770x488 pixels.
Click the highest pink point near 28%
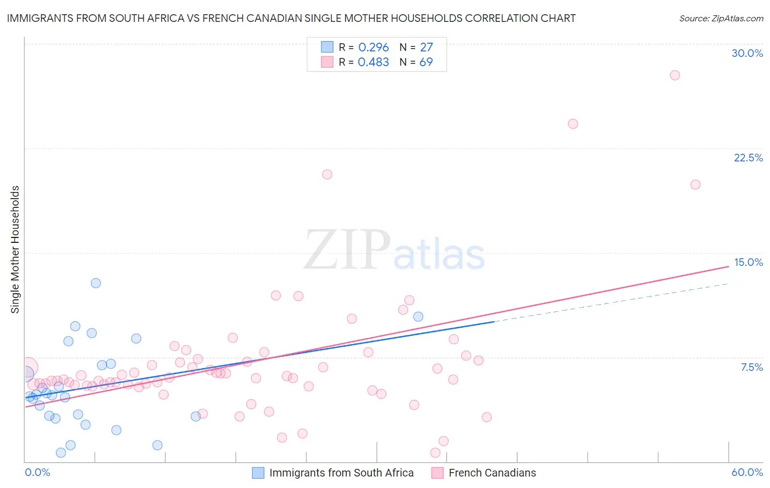(x=675, y=75)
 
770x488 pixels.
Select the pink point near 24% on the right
(x=573, y=124)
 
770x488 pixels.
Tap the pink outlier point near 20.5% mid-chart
(x=327, y=175)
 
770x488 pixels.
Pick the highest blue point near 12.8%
(x=96, y=283)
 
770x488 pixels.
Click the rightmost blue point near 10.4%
(x=418, y=316)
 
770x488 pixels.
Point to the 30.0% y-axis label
(x=747, y=53)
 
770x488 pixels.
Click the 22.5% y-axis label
(x=748, y=158)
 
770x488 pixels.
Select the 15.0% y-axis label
(x=748, y=262)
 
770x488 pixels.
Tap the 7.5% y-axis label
(x=751, y=367)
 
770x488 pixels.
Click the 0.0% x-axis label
(x=37, y=472)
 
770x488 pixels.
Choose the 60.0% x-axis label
(x=747, y=472)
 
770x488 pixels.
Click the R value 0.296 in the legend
(x=373, y=47)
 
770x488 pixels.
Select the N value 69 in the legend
(x=426, y=62)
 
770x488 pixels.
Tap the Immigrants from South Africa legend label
(x=341, y=473)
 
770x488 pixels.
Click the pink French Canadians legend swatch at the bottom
(x=437, y=473)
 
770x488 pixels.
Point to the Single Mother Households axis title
(x=15, y=249)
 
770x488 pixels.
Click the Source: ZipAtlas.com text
(x=721, y=18)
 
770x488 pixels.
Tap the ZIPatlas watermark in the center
(x=394, y=251)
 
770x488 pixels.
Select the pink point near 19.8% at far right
(x=696, y=184)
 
